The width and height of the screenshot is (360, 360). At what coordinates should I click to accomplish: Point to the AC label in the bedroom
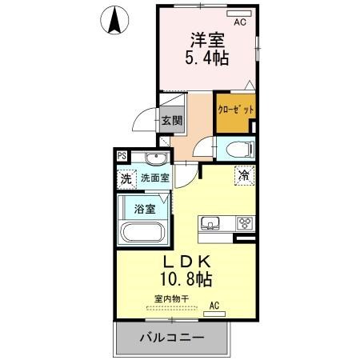pos(239,24)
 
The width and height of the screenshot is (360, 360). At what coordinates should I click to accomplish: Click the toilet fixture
pos(237,149)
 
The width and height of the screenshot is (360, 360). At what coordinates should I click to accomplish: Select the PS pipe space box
pos(122,156)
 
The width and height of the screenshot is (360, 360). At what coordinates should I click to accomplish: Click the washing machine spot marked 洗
pos(126,178)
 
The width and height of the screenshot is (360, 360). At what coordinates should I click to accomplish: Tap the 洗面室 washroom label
pos(154,178)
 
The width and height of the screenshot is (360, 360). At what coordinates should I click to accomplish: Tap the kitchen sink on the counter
pos(212,222)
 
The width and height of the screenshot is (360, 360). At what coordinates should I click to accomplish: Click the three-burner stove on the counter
pos(244,223)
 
